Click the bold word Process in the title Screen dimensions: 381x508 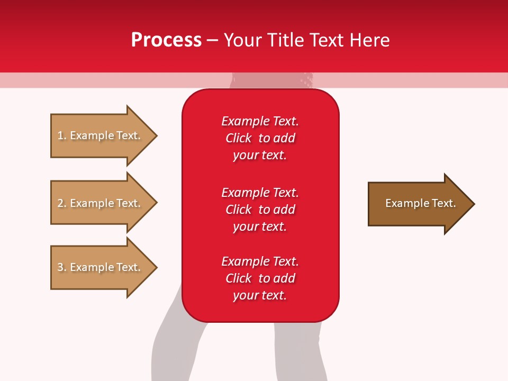(166, 40)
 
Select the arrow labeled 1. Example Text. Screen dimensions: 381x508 (101, 135)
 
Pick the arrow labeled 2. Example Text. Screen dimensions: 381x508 (101, 203)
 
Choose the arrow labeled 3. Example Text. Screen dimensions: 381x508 (101, 267)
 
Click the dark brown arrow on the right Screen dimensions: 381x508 (418, 204)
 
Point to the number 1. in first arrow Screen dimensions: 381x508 (62, 135)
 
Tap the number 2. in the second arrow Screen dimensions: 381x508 (62, 203)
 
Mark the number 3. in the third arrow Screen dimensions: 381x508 (62, 267)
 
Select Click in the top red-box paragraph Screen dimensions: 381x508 (239, 138)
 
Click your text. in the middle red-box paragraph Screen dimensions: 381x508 (260, 226)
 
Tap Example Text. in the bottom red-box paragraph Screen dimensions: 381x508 (260, 261)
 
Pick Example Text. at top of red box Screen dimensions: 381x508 (260, 121)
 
